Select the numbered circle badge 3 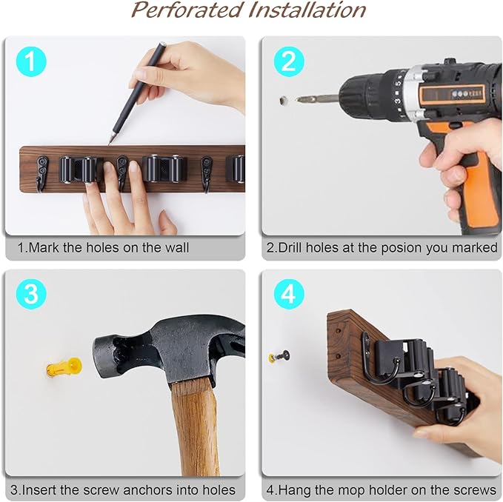[x=30, y=294]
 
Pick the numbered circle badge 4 [x=288, y=295]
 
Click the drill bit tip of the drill [x=300, y=98]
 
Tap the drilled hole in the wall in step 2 [x=283, y=98]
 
